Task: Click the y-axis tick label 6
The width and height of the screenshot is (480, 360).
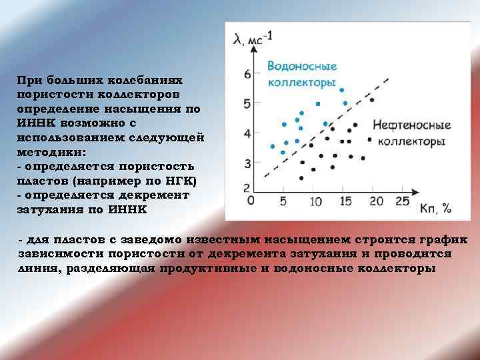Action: (248, 73)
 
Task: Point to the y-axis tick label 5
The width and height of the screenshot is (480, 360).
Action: (248, 103)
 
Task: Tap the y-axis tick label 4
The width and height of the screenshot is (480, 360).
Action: (248, 133)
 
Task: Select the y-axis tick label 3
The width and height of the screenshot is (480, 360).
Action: (248, 163)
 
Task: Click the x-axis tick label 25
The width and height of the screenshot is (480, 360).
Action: (402, 201)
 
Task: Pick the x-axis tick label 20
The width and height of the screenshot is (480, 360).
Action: (376, 201)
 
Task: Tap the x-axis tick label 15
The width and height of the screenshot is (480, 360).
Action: (345, 201)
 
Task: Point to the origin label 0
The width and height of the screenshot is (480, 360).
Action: (251, 200)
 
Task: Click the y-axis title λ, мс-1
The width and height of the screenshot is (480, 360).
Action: (253, 39)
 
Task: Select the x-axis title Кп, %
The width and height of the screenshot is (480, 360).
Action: (436, 208)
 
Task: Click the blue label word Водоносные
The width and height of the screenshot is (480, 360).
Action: (302, 67)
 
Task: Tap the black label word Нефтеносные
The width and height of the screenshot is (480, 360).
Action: (411, 125)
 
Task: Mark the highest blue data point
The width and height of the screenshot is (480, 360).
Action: (342, 89)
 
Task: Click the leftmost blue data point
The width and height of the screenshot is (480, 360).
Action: (272, 146)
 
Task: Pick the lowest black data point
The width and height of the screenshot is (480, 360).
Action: (301, 178)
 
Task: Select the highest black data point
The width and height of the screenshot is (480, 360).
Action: (371, 100)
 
